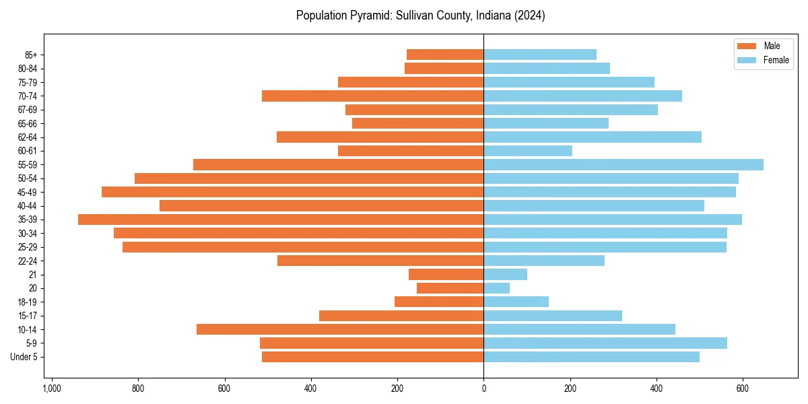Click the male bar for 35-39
click(281, 220)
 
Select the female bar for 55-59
click(624, 165)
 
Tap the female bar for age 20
click(497, 288)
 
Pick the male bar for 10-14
click(340, 329)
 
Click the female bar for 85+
click(540, 55)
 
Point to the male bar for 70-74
click(372, 96)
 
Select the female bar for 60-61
click(528, 151)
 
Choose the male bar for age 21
click(446, 275)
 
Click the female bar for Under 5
click(591, 357)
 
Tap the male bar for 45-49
click(292, 192)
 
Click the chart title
click(420, 15)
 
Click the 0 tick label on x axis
click(483, 389)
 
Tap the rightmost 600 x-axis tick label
click(743, 389)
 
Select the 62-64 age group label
click(28, 137)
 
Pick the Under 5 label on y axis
click(24, 357)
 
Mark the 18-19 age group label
click(28, 302)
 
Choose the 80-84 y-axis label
click(28, 69)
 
